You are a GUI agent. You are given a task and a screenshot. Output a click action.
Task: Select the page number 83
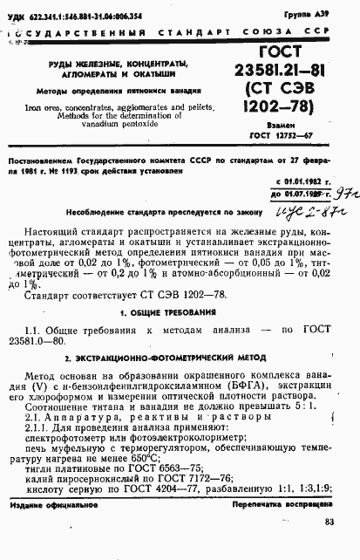328,522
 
